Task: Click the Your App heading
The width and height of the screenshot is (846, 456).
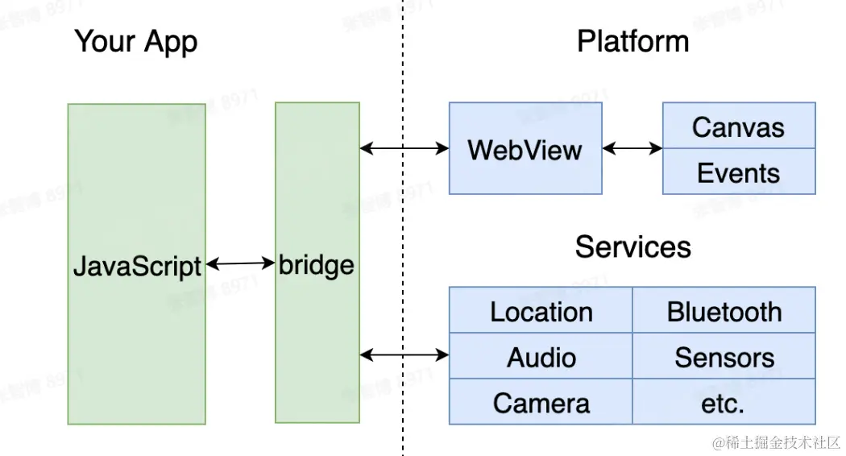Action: point(135,42)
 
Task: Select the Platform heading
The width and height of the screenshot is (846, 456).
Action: point(632,42)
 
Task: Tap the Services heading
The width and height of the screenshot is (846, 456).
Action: point(632,247)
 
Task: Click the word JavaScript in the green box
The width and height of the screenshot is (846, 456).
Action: point(137,265)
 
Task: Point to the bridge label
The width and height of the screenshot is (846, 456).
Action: point(317,265)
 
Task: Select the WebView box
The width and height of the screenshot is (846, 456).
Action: point(525,149)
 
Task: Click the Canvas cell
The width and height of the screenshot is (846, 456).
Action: point(738,126)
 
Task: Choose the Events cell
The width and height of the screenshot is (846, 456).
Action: point(738,172)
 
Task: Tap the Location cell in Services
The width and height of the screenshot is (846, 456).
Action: point(541,312)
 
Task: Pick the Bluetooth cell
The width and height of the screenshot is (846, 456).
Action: point(724,312)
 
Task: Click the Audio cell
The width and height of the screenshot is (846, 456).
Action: point(541,357)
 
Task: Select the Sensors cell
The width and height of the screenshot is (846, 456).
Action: point(724,357)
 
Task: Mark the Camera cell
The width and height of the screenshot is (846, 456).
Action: point(541,403)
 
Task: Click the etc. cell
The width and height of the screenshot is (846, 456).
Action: point(724,403)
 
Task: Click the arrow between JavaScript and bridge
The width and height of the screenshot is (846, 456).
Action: point(240,263)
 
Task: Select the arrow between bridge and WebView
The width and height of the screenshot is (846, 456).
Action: point(404,148)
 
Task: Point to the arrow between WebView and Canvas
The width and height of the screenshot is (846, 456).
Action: point(632,148)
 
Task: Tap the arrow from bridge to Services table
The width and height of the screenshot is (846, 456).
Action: point(404,354)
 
